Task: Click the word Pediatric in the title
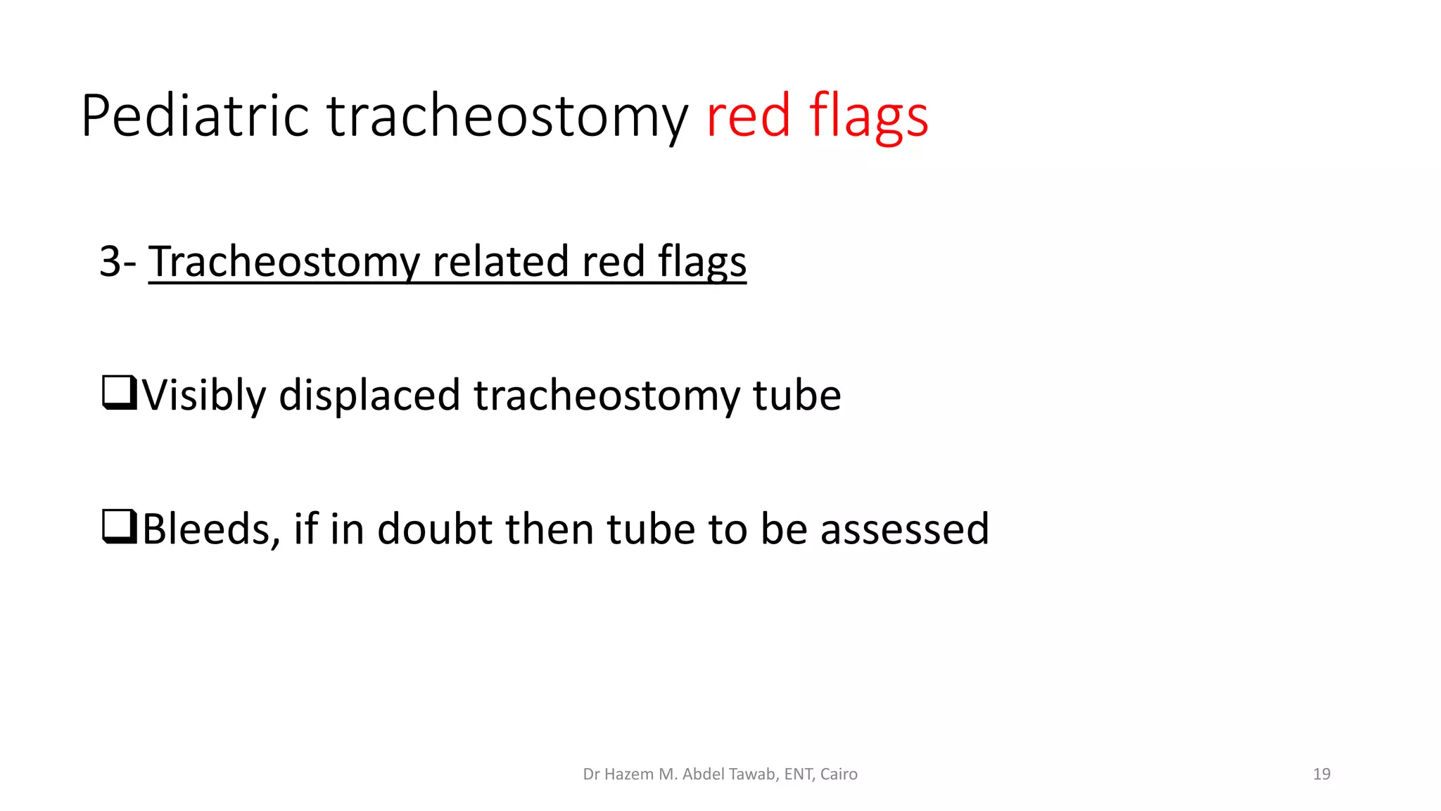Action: tap(194, 116)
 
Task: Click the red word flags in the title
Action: tap(868, 116)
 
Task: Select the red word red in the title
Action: tap(749, 116)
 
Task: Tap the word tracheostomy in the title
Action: tap(507, 116)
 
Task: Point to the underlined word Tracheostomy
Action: tap(284, 261)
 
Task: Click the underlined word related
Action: tap(501, 261)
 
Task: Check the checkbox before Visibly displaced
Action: tap(119, 393)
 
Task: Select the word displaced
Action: tap(369, 395)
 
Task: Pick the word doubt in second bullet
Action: tap(434, 529)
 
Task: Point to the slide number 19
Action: tap(1321, 774)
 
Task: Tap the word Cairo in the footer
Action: tap(839, 774)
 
